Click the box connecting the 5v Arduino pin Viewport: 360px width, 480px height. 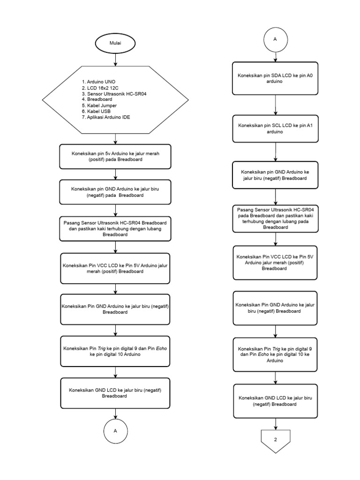115,156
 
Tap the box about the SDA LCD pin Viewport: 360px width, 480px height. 275,78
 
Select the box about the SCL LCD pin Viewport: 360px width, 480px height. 275,129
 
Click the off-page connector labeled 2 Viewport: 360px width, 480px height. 275,442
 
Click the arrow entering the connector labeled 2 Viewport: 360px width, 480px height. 275,424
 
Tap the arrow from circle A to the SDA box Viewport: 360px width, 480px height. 275,56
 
